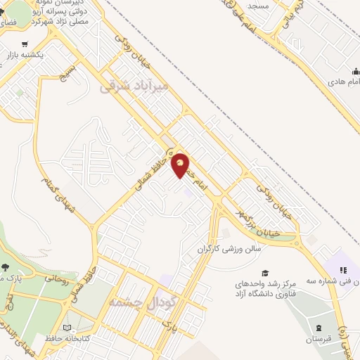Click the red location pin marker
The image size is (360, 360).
pos(181,164)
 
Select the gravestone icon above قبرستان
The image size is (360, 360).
pos(320,328)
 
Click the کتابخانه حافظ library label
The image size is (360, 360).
pos(69,339)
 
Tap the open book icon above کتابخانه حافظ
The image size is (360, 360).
pos(67,328)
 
